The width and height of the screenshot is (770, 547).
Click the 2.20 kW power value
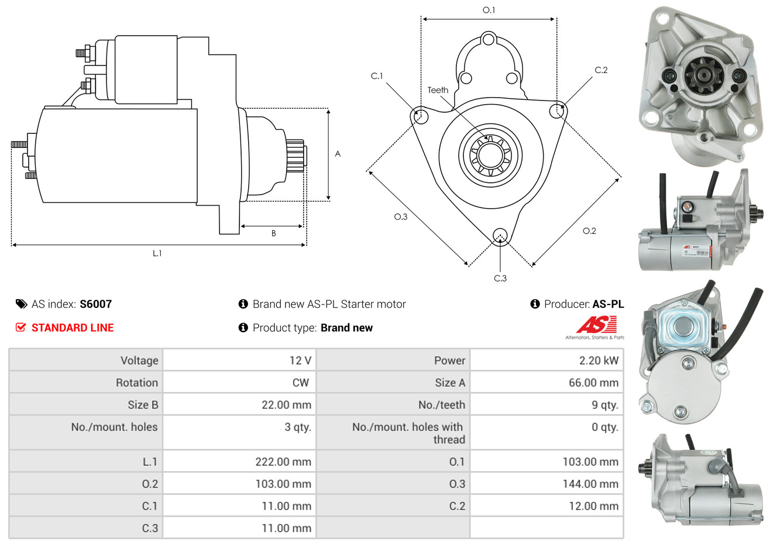(x=599, y=361)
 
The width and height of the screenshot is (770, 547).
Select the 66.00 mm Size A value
(x=593, y=383)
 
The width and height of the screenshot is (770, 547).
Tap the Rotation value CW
(x=300, y=383)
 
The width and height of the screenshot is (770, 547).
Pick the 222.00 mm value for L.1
(x=283, y=462)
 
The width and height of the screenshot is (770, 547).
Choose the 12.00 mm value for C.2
(x=593, y=506)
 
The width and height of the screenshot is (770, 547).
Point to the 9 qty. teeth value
(x=604, y=405)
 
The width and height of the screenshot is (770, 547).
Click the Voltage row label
(x=139, y=361)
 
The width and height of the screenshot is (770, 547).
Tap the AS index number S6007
(x=95, y=304)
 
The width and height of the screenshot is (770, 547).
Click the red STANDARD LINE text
(x=73, y=328)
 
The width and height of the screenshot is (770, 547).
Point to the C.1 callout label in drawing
(x=377, y=76)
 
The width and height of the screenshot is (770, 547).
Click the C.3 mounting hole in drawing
(x=500, y=236)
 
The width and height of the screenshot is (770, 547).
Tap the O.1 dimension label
(x=489, y=10)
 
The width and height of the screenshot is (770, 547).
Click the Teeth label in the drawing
(x=438, y=90)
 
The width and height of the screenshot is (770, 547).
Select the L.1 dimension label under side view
(x=157, y=253)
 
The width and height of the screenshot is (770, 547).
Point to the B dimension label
(x=273, y=233)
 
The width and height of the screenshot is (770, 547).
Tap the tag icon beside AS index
(x=21, y=304)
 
